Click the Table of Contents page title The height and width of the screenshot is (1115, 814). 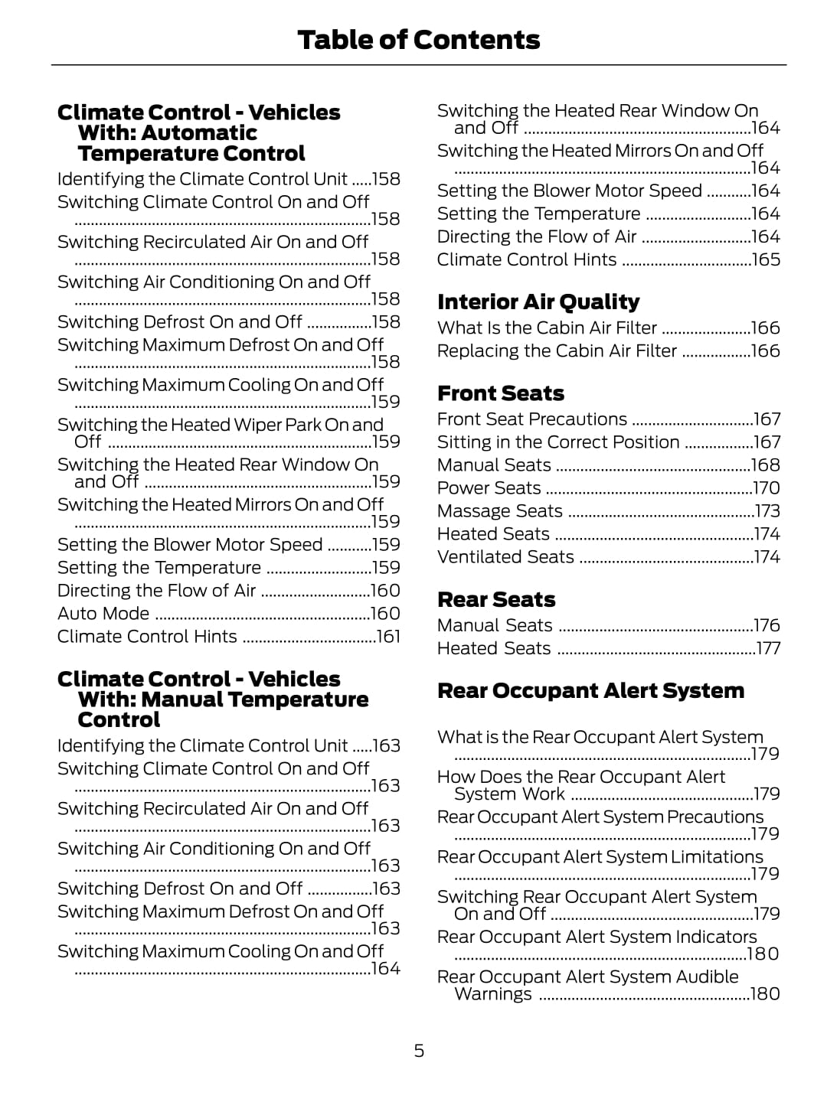418,40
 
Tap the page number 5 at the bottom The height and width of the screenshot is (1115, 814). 419,1051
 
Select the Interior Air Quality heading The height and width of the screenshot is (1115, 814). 538,302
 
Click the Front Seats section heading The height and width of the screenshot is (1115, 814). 501,393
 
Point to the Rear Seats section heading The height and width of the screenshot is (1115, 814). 496,599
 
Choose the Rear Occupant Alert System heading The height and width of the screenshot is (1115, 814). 590,690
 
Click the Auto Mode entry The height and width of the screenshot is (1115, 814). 103,614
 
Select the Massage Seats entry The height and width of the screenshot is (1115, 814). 500,511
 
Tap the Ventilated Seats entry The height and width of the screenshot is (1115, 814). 505,557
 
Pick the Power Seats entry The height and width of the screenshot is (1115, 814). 489,488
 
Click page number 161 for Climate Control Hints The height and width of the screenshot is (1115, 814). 388,637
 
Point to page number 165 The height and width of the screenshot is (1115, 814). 766,260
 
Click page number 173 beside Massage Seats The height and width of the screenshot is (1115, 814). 767,511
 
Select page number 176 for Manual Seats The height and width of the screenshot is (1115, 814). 767,626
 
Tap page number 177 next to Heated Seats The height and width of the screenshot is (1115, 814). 768,649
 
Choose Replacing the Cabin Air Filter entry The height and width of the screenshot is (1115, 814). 557,351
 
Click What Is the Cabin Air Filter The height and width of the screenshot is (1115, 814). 547,328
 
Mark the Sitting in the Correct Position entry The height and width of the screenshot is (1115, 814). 558,442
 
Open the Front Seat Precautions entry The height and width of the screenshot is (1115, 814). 532,419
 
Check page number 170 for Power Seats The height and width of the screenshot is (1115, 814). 767,488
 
